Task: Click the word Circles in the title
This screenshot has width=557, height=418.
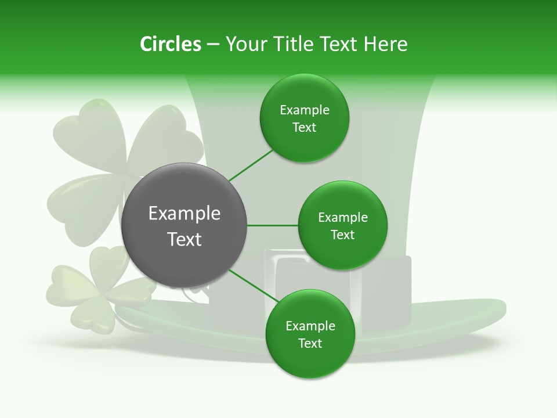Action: pos(170,44)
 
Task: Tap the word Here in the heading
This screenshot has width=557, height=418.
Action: pos(385,44)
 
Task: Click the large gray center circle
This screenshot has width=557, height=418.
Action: pos(184,225)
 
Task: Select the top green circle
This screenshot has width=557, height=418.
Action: pos(304,118)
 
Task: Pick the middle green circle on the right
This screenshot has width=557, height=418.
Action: pos(342,225)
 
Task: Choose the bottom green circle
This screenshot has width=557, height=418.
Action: pos(310,334)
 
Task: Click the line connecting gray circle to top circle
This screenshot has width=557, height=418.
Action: pos(251,165)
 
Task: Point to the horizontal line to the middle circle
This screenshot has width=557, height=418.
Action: pos(272,225)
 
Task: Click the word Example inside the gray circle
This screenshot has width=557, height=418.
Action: pos(185,214)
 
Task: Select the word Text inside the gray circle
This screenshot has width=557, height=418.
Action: pos(185,239)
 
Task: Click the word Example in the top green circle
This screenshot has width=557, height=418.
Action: pos(304,110)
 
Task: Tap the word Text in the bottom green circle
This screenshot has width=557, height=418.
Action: pos(310,343)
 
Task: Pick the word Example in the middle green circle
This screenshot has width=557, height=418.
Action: pos(342,218)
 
